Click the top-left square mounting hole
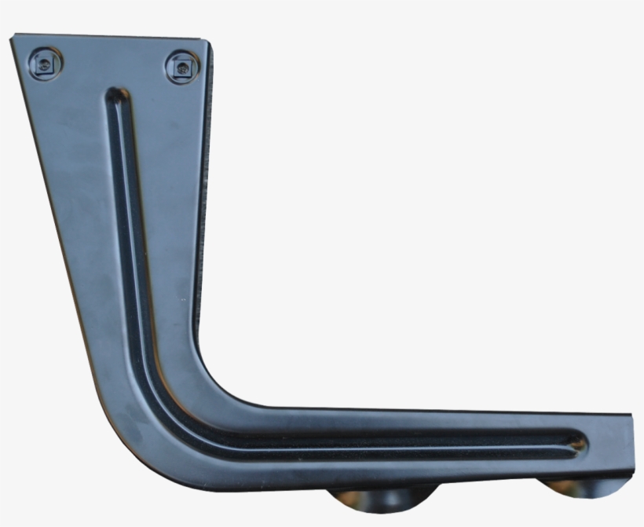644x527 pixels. click(45, 64)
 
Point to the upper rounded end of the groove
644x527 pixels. click(116, 96)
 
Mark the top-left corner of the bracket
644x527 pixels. click(14, 38)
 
